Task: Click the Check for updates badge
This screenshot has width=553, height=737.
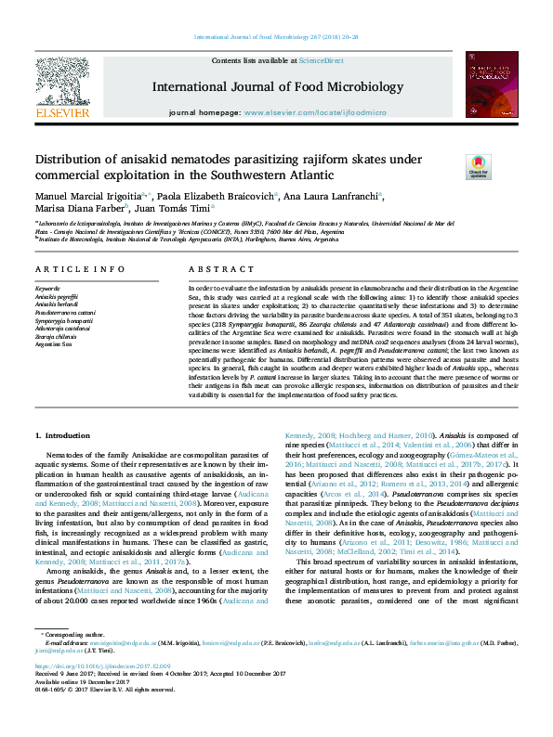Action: click(478, 166)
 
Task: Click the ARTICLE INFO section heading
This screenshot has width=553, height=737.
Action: click(80, 269)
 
